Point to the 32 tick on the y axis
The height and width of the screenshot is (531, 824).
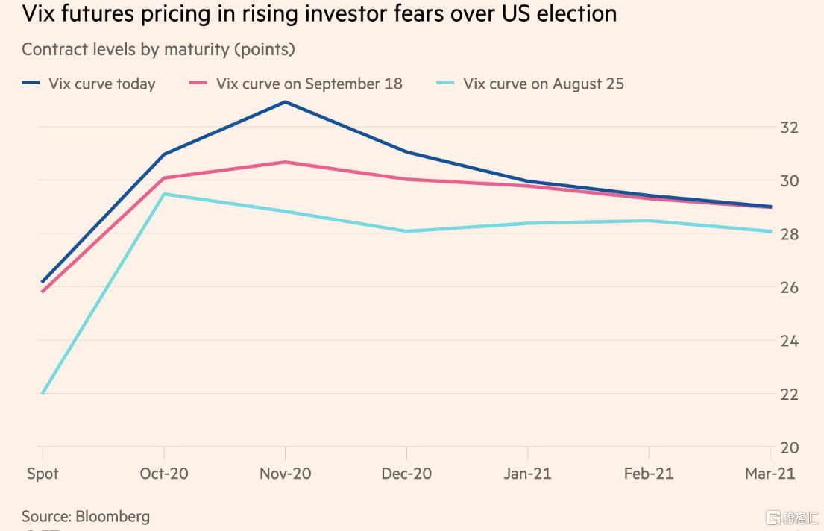[790, 128]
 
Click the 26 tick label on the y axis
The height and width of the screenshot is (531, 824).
[790, 288]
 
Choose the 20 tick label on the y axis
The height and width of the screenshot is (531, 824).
[790, 448]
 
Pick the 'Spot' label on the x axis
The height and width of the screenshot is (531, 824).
[43, 474]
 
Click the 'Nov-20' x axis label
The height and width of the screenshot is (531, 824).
[286, 474]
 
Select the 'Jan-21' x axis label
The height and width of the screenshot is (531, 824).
[528, 474]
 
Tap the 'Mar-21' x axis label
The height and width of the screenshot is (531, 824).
[771, 474]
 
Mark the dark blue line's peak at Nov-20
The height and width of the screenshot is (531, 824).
[286, 101]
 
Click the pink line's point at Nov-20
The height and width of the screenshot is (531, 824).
[286, 162]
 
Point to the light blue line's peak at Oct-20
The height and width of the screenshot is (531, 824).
[164, 194]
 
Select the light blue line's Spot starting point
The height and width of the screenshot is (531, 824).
[43, 393]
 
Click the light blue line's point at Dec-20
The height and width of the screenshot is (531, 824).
[406, 231]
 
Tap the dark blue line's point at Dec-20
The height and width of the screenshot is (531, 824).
[406, 152]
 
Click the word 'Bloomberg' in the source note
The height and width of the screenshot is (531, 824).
[113, 516]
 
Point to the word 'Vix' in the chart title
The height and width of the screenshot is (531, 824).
[38, 13]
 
